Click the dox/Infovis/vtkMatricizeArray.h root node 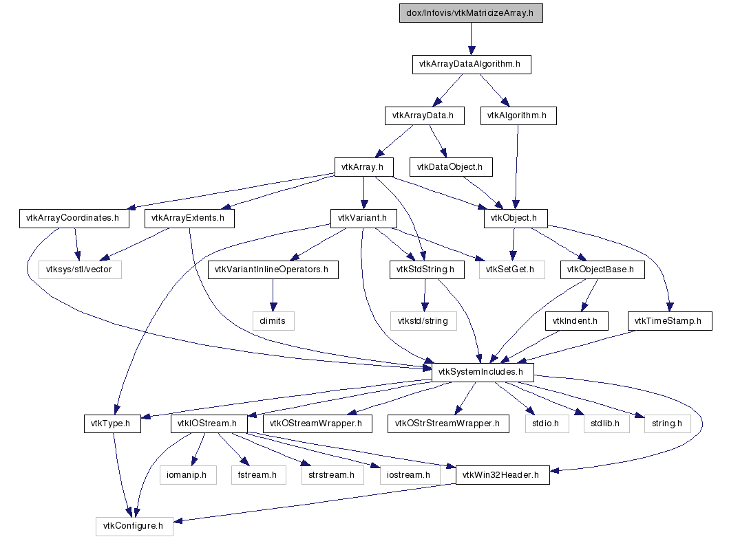(x=471, y=13)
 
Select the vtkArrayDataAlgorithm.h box (x=472, y=65)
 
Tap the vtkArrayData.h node (x=423, y=115)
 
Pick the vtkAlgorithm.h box (x=518, y=115)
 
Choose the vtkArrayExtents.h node (x=189, y=219)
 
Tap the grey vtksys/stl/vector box (x=79, y=269)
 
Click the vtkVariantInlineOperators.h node (x=273, y=269)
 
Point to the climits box (x=273, y=320)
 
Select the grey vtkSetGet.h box (x=510, y=269)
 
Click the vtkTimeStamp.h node (x=668, y=320)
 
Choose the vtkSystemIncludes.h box (x=483, y=372)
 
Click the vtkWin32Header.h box (x=503, y=475)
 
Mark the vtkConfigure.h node (x=134, y=527)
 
